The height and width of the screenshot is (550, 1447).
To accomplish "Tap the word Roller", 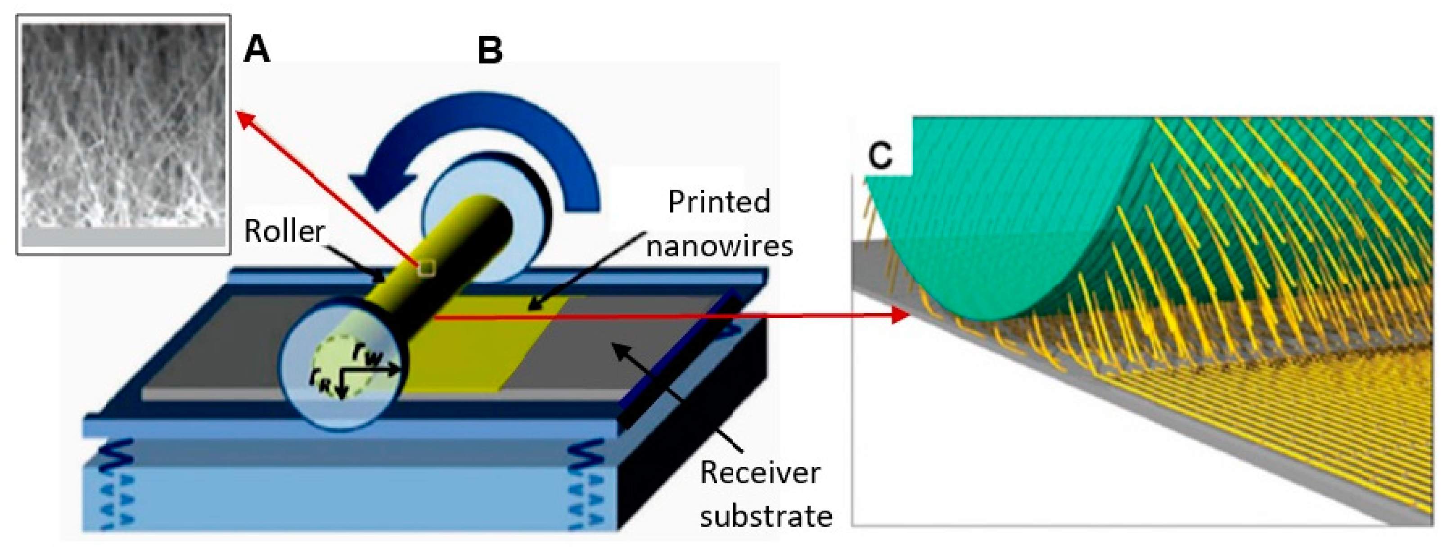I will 284,231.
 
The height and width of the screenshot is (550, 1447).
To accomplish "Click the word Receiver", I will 759,473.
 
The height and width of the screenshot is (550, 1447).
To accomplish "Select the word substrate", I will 765,516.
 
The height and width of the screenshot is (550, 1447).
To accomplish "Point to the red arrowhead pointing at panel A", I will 243,117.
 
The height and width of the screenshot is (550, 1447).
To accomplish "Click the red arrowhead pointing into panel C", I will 899,315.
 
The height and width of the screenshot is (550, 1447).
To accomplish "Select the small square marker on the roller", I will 426,269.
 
